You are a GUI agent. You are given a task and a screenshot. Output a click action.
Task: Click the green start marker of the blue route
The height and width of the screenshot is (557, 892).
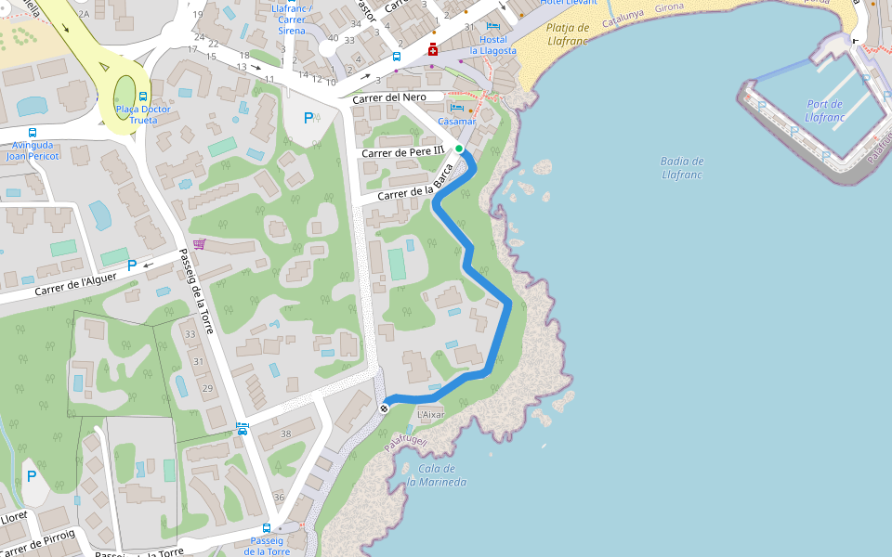coord(459,149)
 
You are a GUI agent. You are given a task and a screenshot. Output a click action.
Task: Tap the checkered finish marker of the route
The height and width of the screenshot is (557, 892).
coord(384,408)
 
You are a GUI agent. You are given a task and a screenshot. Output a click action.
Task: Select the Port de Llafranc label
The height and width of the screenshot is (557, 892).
coord(824,110)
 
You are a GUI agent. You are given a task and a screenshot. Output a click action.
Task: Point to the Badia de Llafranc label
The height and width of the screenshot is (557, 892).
coord(682,167)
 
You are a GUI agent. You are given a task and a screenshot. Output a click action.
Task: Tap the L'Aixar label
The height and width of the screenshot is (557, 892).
coord(431,414)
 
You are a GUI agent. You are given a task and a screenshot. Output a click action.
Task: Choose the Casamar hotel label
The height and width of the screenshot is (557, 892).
coord(456,122)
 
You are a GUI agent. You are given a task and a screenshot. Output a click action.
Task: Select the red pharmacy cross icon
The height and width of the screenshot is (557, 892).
coord(433,49)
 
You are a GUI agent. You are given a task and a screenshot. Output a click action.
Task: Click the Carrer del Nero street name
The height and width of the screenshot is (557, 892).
coord(389,97)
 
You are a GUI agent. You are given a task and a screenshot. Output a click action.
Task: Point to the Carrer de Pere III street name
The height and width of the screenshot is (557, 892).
coord(403,152)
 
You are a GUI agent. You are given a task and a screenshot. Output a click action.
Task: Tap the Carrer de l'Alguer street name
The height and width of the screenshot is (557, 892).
coord(76,285)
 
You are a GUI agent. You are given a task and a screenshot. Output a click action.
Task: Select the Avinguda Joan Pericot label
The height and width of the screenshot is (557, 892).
coord(33,150)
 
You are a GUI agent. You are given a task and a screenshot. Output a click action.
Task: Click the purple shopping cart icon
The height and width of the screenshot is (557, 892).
coord(199,244)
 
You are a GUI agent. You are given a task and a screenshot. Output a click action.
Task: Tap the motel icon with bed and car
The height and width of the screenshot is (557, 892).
coord(243,429)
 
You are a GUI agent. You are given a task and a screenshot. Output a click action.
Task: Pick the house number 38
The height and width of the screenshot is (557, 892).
coord(285,434)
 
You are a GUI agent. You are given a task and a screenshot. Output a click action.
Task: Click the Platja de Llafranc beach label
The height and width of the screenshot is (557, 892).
coord(568,34)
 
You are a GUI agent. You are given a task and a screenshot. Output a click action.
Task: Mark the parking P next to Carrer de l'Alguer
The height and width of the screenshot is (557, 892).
coord(131,265)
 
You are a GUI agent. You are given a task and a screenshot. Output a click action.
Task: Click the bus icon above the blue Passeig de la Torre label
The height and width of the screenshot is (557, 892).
coord(267,528)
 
